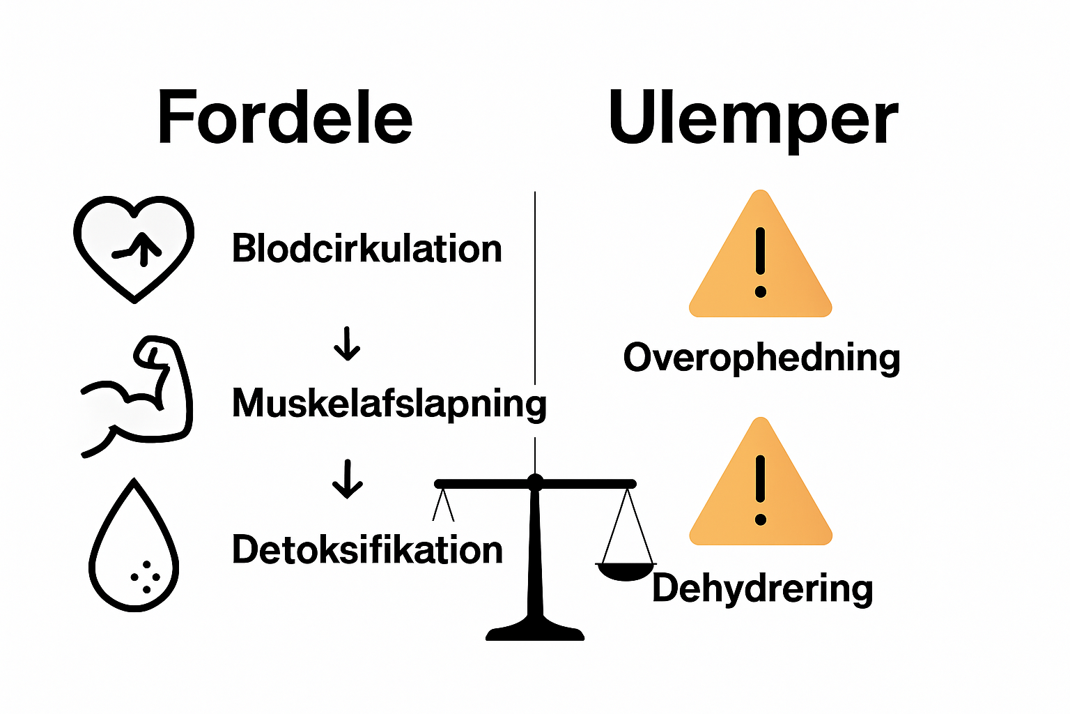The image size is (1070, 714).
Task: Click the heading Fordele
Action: [x=285, y=118]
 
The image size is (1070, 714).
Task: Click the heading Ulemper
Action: [x=753, y=118]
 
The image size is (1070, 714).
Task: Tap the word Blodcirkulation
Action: [x=366, y=249]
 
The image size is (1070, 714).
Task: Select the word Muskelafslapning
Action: [x=389, y=404]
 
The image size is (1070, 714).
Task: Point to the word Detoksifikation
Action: [x=367, y=550]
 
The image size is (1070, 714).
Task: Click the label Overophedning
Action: [x=761, y=358]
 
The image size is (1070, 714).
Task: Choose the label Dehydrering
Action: [x=762, y=588]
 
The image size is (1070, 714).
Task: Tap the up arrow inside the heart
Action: [x=145, y=248]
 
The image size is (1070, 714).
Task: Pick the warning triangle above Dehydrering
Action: [x=761, y=487]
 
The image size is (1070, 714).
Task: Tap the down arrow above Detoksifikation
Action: [x=347, y=479]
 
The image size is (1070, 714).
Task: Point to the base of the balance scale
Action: [x=535, y=631]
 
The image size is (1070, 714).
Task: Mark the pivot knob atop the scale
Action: [x=535, y=481]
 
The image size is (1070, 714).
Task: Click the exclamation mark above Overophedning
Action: [x=761, y=261]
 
